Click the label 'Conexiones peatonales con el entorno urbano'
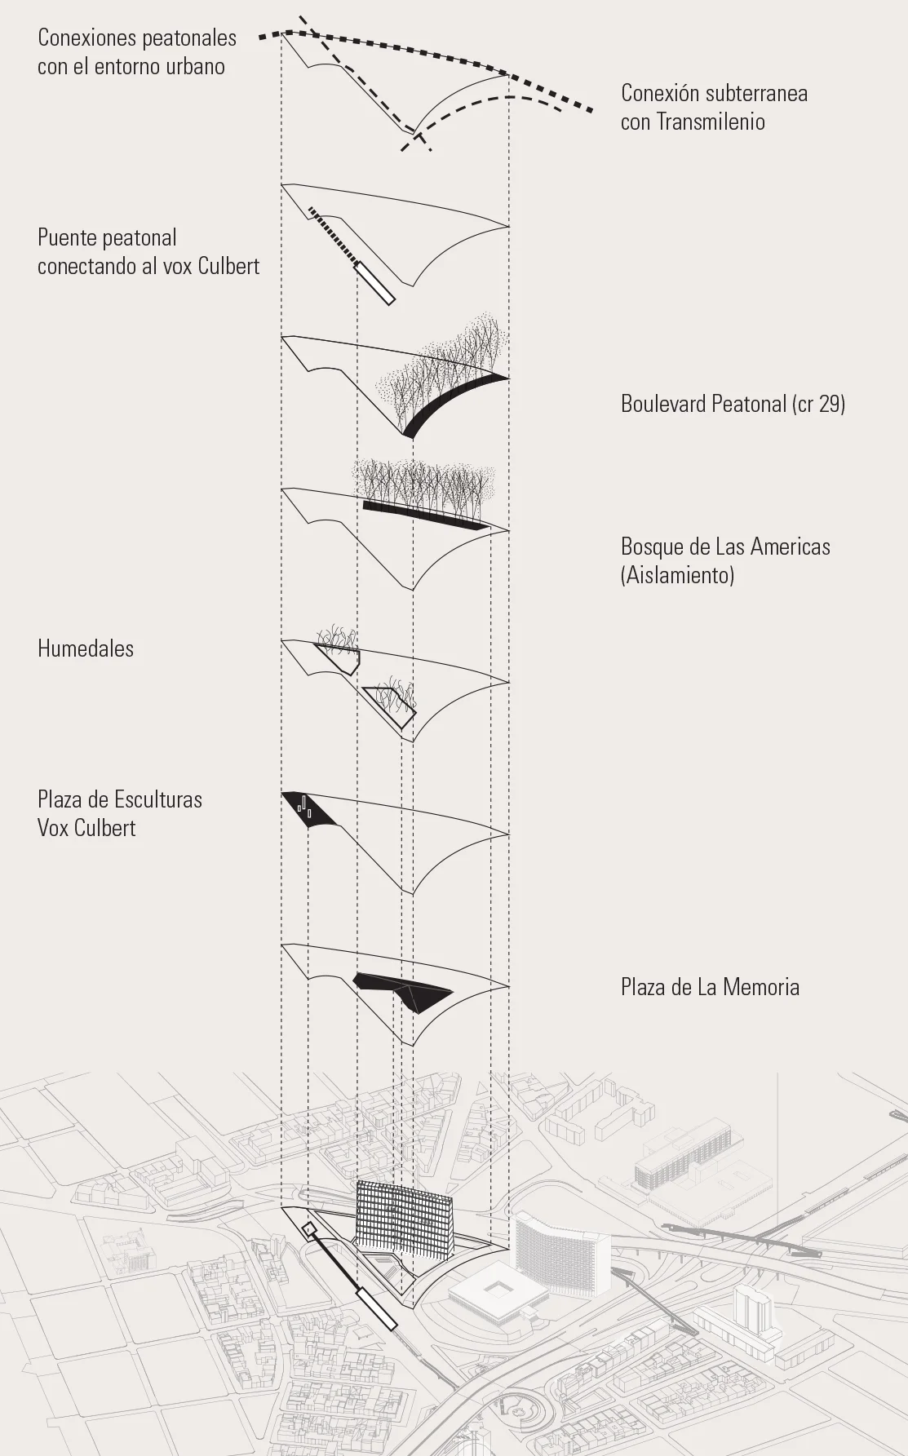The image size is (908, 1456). (136, 51)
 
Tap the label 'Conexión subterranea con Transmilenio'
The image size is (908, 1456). (714, 107)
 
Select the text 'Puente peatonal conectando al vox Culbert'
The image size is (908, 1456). (148, 251)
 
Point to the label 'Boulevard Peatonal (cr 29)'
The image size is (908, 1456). (733, 404)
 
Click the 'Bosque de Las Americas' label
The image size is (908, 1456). (725, 547)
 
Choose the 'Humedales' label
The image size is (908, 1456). (86, 649)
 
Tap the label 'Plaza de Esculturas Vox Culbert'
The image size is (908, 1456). (119, 813)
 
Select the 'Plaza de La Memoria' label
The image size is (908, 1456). (710, 987)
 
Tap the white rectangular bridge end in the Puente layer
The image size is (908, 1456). (376, 284)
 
